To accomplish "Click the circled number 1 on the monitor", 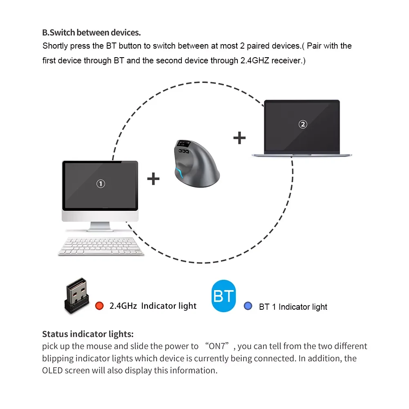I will pyautogui.click(x=101, y=184).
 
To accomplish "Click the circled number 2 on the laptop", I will pyautogui.click(x=303, y=124).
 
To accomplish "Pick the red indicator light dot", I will pyautogui.click(x=98, y=306).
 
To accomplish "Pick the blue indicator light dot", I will pyautogui.click(x=248, y=306).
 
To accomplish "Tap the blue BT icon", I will pyautogui.click(x=223, y=296).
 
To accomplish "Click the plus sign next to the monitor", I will pyautogui.click(x=153, y=179).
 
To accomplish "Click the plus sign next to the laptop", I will pyautogui.click(x=239, y=138).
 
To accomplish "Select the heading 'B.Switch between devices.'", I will pyautogui.click(x=91, y=33).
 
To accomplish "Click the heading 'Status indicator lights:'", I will pyautogui.click(x=88, y=334).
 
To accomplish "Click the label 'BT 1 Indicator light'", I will pyautogui.click(x=293, y=307).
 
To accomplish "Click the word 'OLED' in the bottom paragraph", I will pyautogui.click(x=53, y=371).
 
